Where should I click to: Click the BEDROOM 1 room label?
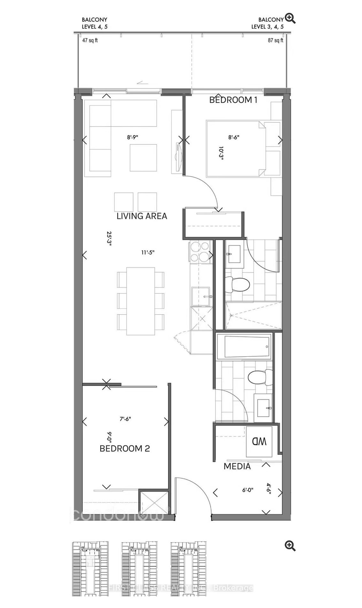(233, 100)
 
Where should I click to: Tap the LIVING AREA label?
(142, 216)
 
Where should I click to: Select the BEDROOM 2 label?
(125, 448)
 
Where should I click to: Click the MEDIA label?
(237, 466)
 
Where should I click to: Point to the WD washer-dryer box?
(259, 442)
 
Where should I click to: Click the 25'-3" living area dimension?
(109, 238)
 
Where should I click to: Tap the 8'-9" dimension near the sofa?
(133, 137)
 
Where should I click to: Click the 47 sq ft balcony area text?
(90, 41)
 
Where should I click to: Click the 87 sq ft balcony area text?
(275, 41)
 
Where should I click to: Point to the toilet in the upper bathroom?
(237, 284)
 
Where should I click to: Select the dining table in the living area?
(141, 301)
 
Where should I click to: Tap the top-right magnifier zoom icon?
(290, 19)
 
